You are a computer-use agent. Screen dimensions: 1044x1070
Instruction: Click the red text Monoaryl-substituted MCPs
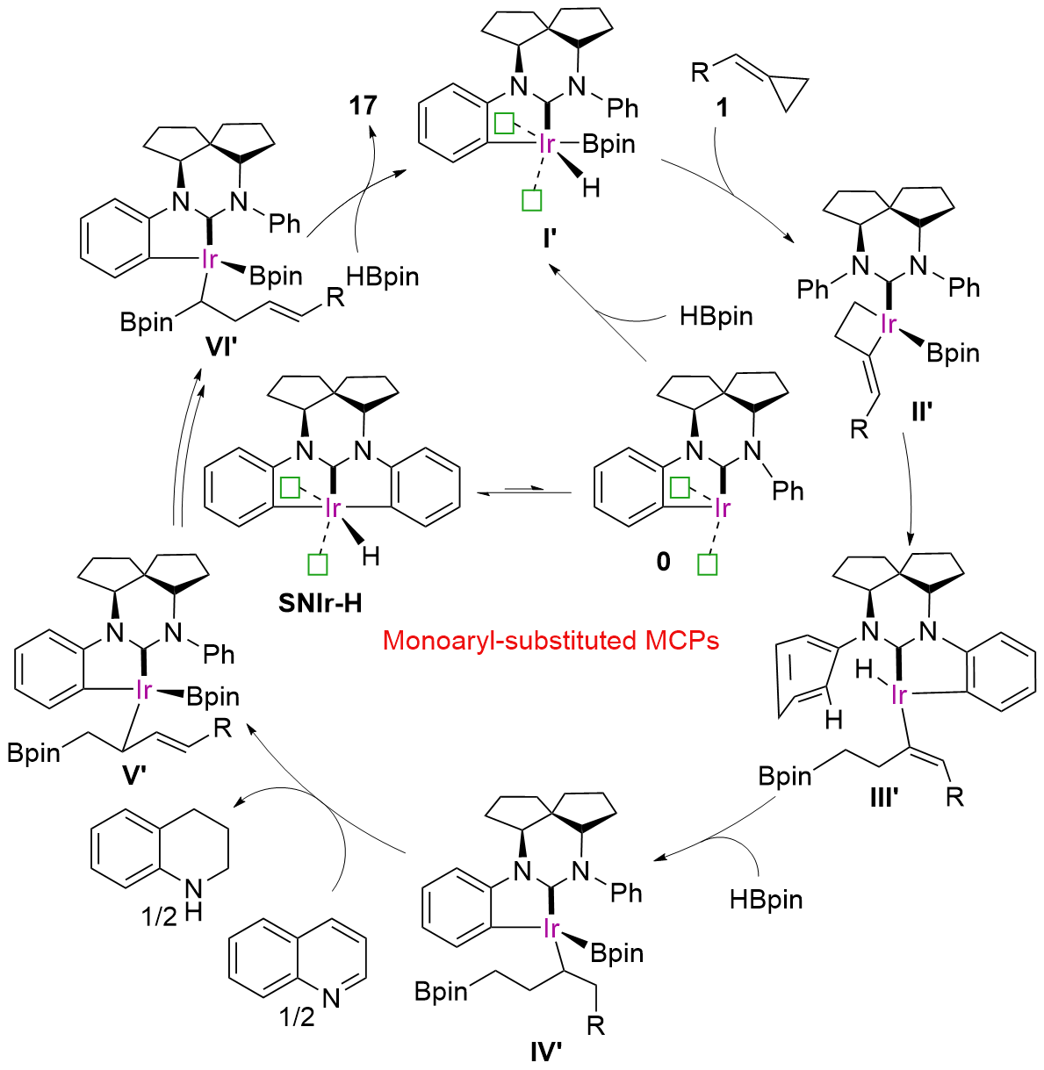[x=551, y=641]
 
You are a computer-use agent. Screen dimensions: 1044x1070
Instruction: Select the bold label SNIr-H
[x=320, y=604]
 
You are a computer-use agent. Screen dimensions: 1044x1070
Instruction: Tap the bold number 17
[x=364, y=105]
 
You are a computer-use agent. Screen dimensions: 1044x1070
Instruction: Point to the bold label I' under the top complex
[x=550, y=239]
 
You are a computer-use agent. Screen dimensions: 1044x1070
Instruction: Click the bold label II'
[x=922, y=411]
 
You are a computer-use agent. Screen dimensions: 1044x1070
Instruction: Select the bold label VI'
[x=222, y=348]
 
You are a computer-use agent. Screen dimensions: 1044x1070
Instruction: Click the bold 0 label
[x=663, y=562]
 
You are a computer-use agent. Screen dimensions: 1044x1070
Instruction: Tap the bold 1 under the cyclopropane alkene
[x=721, y=108]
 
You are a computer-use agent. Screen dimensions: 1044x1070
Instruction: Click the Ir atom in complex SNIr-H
[x=334, y=508]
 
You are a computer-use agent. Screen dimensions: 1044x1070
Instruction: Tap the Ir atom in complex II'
[x=888, y=324]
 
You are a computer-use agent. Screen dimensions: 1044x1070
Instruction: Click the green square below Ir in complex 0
[x=707, y=564]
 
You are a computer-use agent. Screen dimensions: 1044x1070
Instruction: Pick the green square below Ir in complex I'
[x=531, y=200]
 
